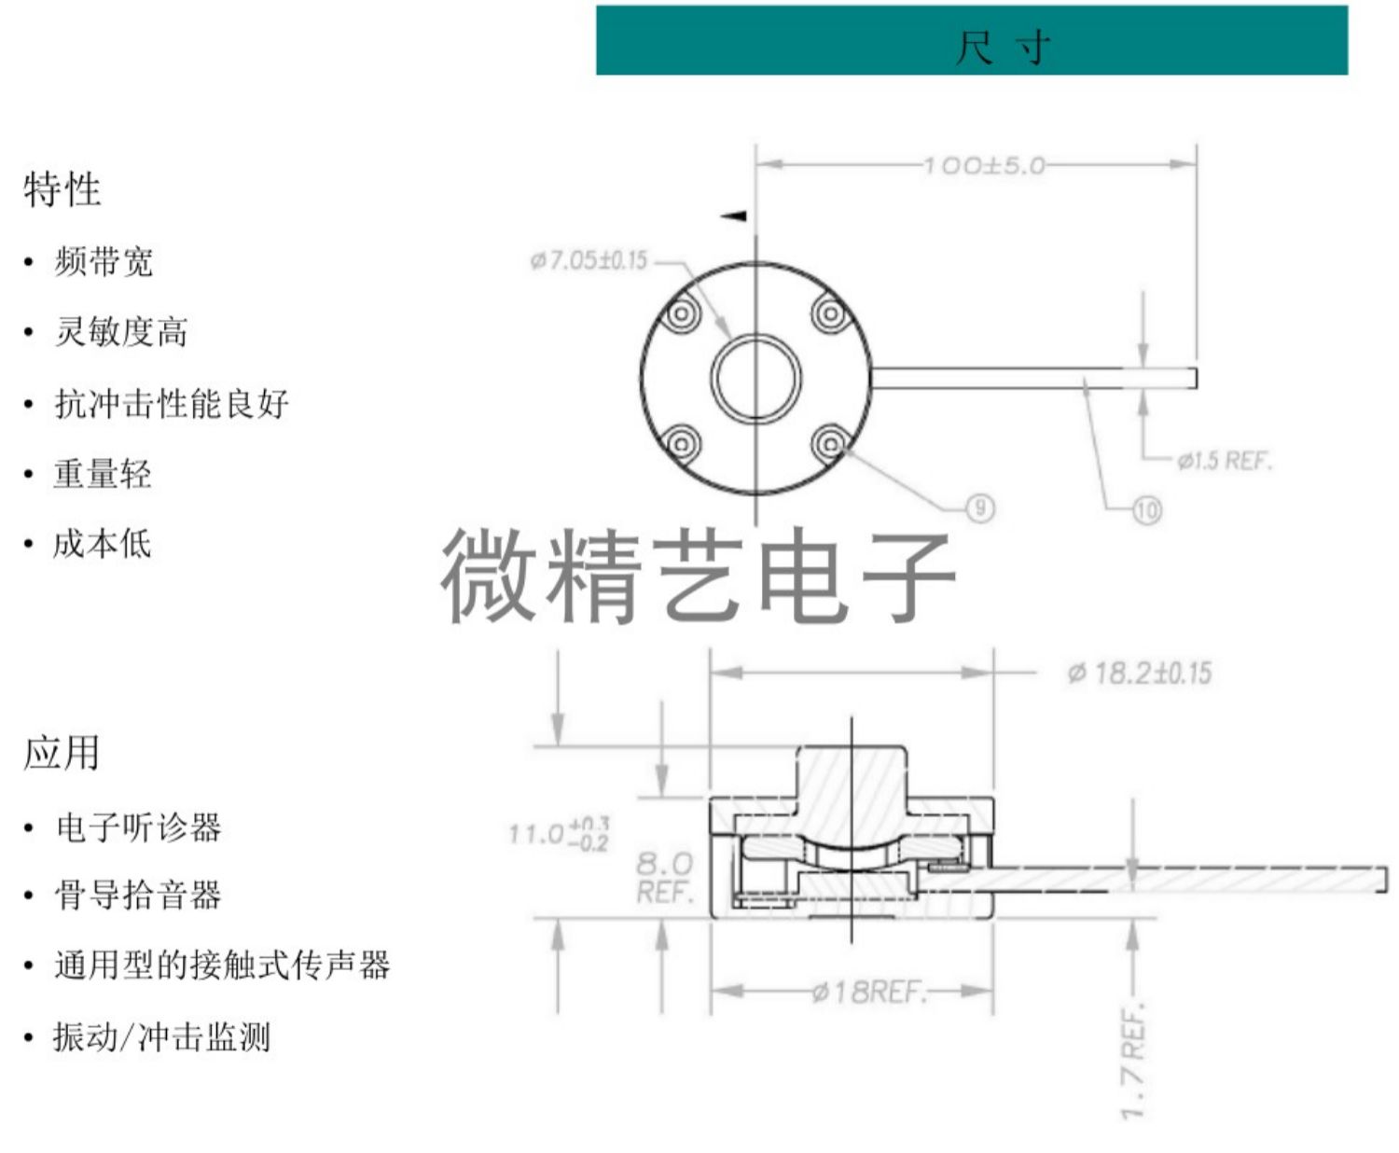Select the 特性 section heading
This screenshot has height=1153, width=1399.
[x=62, y=189]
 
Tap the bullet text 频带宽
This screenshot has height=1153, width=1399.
[x=104, y=261]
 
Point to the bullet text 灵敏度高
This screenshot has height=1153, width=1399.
[x=121, y=332]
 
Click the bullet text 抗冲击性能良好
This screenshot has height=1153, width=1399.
[x=172, y=403]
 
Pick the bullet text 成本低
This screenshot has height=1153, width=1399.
[x=102, y=543]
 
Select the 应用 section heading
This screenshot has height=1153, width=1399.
[x=62, y=753]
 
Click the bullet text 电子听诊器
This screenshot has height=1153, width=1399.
[x=138, y=827]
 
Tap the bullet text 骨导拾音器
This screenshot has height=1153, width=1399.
[x=138, y=896]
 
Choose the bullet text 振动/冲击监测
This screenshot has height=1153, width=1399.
[x=161, y=1036]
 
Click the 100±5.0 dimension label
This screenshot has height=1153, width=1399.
[x=984, y=166]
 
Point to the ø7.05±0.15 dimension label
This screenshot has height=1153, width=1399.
[x=589, y=260]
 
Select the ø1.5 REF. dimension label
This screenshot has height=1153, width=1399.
[x=1224, y=460]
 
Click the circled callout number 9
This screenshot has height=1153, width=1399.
[x=979, y=507]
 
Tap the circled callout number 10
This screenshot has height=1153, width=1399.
[x=1146, y=509]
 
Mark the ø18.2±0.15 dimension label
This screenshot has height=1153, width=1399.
[x=1140, y=673]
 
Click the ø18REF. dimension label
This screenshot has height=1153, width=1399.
[x=868, y=991]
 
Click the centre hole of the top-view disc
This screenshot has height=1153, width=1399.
[x=755, y=380]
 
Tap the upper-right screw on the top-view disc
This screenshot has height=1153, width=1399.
[x=829, y=313]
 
